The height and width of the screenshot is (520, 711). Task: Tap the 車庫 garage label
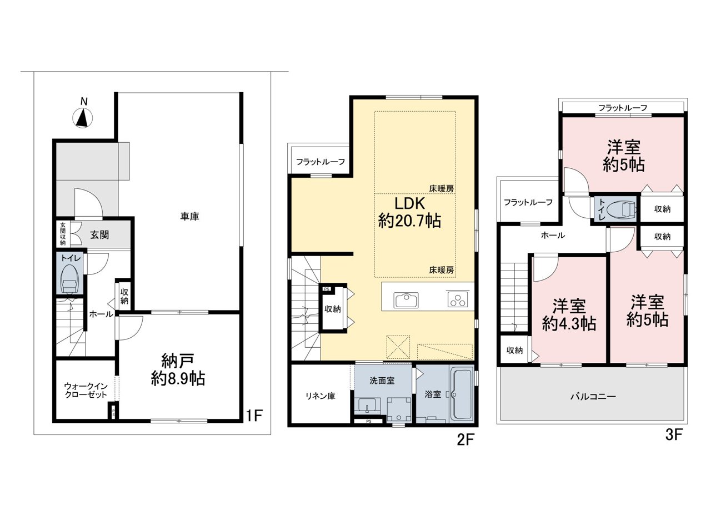coord(189,217)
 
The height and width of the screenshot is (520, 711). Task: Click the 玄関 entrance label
coord(99,235)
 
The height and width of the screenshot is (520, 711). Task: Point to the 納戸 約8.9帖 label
coord(178,370)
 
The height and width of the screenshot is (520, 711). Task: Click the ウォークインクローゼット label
coord(86,391)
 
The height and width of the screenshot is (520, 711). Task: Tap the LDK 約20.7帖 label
coord(409,212)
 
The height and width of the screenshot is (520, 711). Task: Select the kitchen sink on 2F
coord(406,300)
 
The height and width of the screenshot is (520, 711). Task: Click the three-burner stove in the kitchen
coord(457,299)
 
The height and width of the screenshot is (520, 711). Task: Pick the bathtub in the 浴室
coord(461,394)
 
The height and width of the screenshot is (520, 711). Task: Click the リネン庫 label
coord(321,396)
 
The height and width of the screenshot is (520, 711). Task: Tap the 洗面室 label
coord(382,381)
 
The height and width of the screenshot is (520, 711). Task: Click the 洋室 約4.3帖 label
coord(569,315)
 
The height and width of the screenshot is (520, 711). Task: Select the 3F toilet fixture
coord(622,210)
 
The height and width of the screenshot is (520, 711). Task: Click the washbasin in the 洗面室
coord(367,405)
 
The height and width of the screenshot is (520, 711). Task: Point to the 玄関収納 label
coord(63,234)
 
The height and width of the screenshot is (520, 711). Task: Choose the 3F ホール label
coord(553,235)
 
